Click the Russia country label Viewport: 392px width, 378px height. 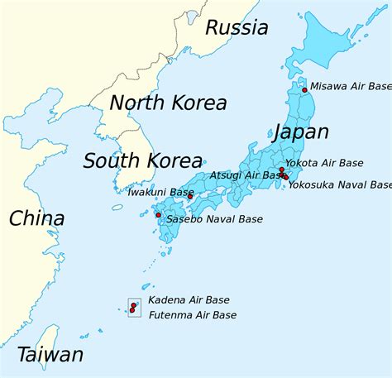237,28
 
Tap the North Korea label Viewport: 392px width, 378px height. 168,103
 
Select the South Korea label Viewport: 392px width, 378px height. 142,160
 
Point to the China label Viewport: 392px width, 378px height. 36,219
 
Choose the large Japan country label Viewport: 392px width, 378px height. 299,132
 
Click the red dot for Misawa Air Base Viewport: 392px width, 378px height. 304,89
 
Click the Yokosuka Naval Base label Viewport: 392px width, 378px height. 340,185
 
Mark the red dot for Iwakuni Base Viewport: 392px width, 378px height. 189,196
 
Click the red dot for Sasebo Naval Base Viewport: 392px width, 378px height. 159,215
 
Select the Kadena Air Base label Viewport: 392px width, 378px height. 189,299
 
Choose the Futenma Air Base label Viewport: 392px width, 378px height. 192,315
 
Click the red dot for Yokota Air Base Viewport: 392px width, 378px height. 282,169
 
